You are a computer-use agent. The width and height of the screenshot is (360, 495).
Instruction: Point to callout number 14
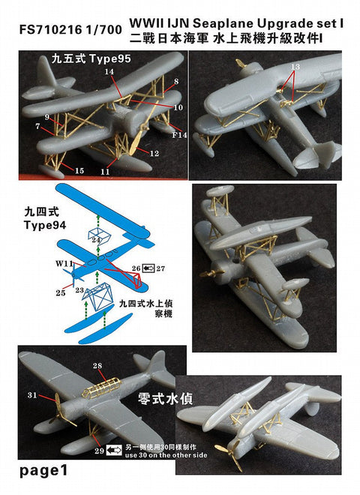click(109, 71)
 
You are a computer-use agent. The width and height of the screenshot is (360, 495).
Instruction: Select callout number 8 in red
click(175, 81)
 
